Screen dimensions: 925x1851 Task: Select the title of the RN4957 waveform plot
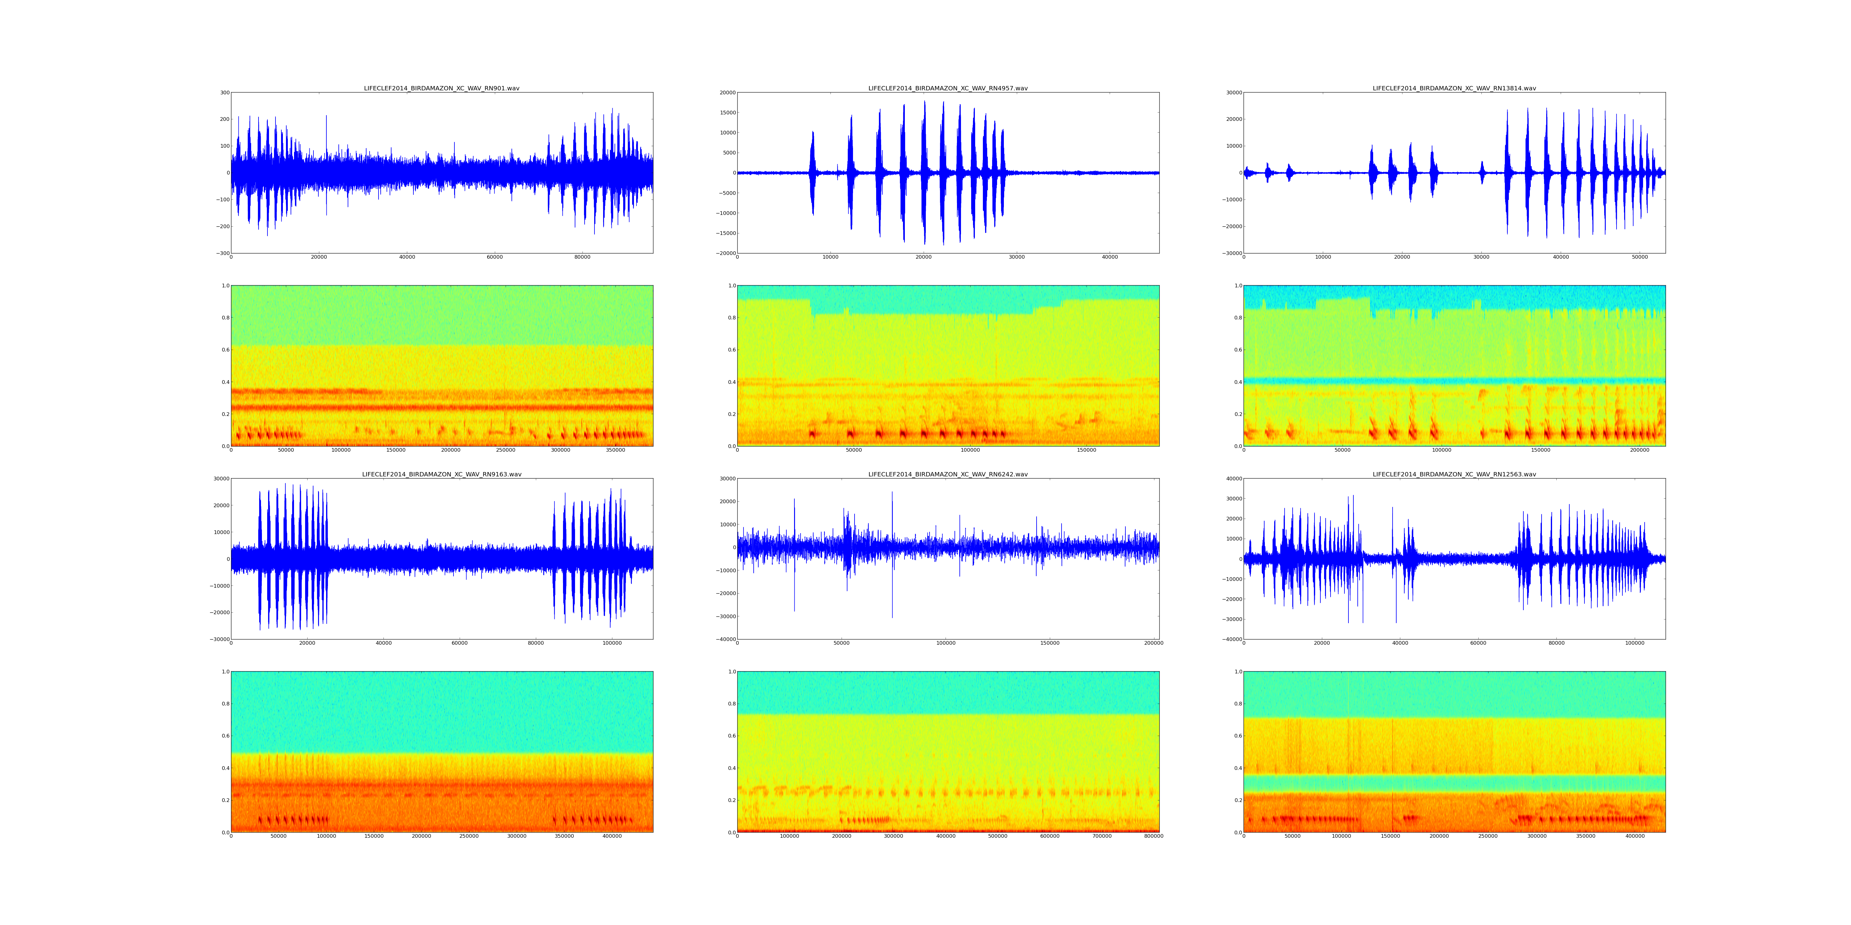948,88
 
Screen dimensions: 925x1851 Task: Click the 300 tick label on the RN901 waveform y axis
224,92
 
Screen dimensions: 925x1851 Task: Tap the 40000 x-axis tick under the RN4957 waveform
1109,257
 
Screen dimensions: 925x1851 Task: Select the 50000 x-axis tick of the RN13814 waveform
1640,257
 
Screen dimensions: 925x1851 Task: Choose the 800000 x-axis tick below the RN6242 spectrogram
1153,836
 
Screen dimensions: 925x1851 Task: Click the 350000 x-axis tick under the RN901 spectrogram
615,450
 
